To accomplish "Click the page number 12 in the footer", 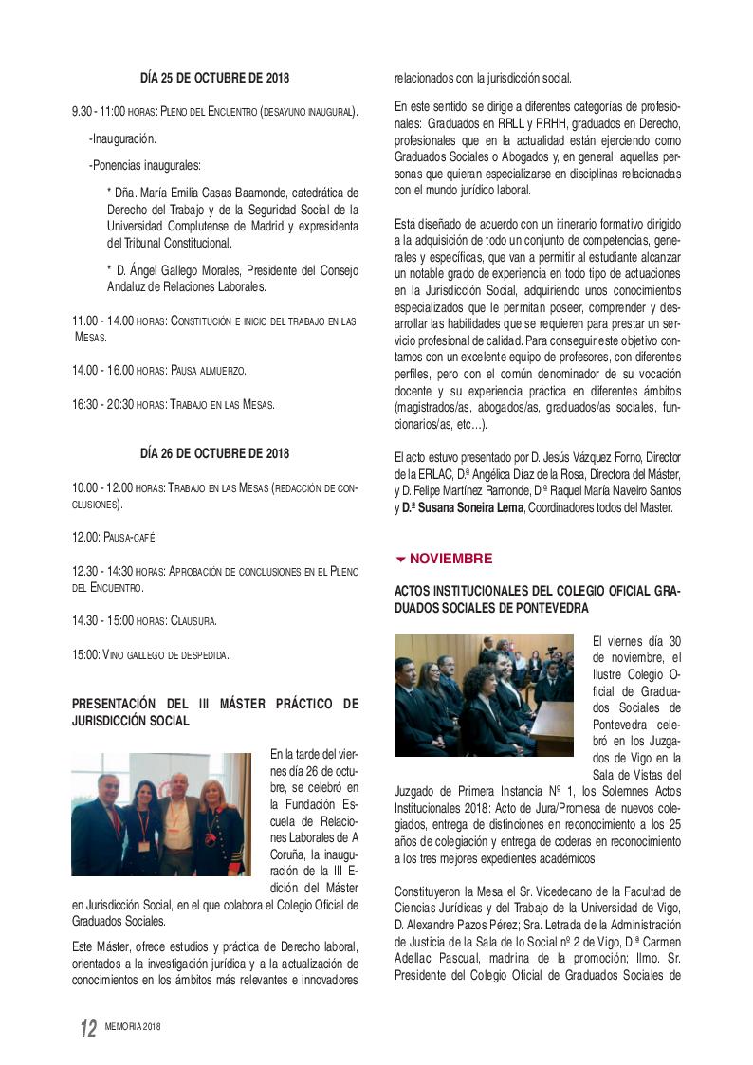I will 87,1029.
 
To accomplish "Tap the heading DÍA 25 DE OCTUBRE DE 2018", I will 214,78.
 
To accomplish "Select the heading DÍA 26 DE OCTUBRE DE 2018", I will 214,453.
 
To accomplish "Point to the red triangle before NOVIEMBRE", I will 400,559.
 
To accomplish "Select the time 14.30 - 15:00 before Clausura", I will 102,620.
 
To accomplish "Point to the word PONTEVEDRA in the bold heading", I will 546,607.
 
